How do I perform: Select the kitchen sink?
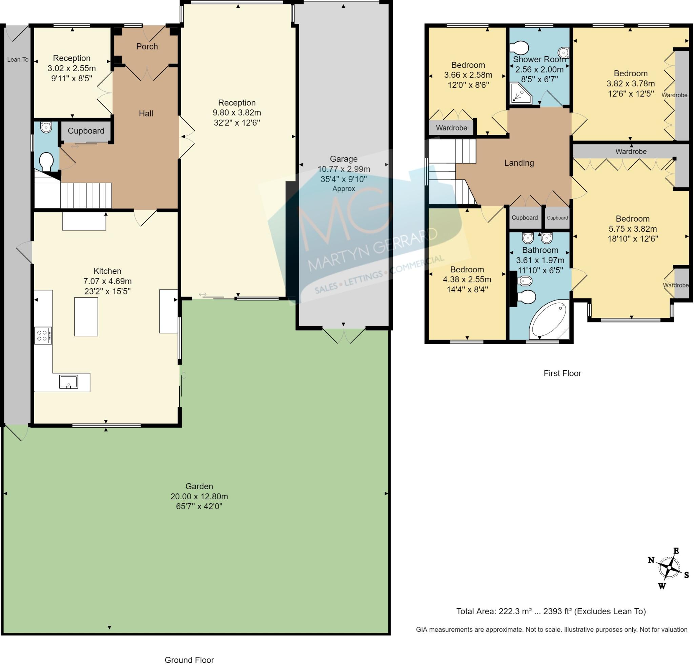click(x=69, y=382)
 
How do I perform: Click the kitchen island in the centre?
click(x=86, y=317)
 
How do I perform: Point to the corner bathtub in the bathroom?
click(x=549, y=320)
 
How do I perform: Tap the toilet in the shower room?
click(x=519, y=48)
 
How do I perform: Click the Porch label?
click(x=147, y=46)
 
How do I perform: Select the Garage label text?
click(x=344, y=159)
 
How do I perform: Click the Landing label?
click(x=519, y=163)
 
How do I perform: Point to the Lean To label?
click(x=18, y=60)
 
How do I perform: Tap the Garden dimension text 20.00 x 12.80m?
click(x=199, y=496)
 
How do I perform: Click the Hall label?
click(x=146, y=113)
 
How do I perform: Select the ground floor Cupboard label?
click(x=86, y=131)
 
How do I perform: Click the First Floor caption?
click(x=562, y=373)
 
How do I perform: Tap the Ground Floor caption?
click(x=189, y=660)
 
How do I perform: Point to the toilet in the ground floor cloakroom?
click(x=46, y=162)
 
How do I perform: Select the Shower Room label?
click(x=539, y=60)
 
